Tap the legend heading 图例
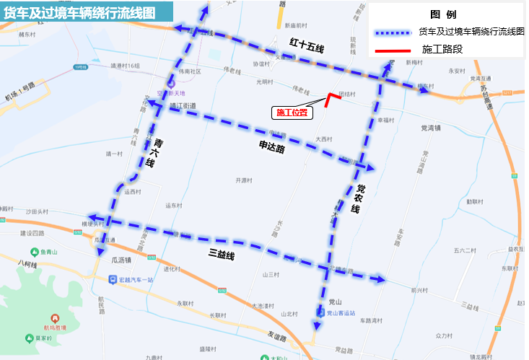coord(442,14)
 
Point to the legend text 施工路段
coord(442,50)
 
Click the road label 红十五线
coord(307,45)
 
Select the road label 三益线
coord(222,253)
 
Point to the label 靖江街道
coord(183,105)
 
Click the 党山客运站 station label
coord(339,313)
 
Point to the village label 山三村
coord(270,274)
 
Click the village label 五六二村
coord(465,250)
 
